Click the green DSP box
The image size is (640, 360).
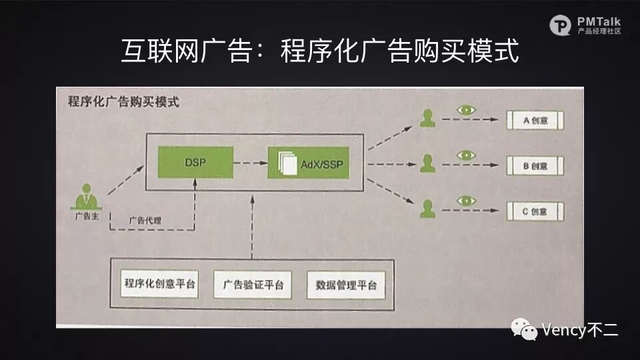pos(196,162)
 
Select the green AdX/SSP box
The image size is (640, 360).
pos(309,163)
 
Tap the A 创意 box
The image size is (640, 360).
pos(535,121)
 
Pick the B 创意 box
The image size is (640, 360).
pos(535,165)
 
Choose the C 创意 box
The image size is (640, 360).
pos(535,211)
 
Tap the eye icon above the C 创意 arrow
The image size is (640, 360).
pos(465,200)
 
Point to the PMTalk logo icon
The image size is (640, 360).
pos(560,25)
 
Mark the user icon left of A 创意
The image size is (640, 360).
pos(427,119)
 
